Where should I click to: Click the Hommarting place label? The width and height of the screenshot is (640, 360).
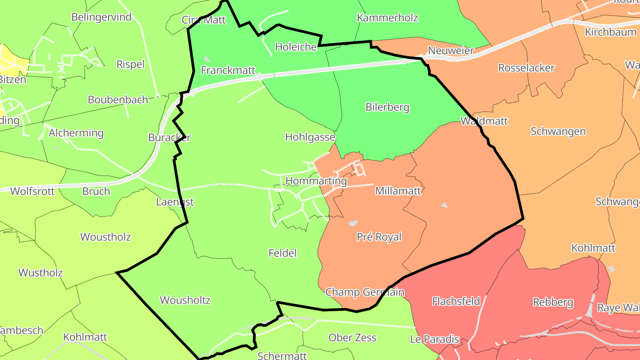point(316,181)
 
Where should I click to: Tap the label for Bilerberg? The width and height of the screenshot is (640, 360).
point(387,107)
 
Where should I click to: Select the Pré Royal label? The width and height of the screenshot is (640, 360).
point(379,237)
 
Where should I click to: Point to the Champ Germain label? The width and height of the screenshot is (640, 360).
point(365,292)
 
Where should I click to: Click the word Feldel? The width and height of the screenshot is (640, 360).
point(282,253)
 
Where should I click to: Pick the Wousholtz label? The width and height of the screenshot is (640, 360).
point(185,300)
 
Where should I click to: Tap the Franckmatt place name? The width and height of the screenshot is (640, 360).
point(228,70)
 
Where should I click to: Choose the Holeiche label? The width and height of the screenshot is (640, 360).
point(296,47)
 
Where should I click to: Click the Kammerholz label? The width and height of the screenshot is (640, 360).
point(388,18)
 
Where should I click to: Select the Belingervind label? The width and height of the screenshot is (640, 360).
point(102,17)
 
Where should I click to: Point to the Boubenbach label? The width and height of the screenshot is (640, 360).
point(118,100)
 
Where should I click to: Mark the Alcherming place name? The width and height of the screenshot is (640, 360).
point(76,133)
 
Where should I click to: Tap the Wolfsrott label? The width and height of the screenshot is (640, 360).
point(32,191)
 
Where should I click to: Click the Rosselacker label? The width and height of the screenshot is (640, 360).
point(526,68)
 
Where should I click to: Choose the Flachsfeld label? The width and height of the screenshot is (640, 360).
point(456,301)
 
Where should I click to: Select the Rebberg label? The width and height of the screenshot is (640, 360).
point(553,302)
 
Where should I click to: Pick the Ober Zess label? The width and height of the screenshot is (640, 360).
point(352,337)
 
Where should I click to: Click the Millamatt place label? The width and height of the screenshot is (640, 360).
point(398,191)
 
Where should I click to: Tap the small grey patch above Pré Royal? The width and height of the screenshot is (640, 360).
point(353,223)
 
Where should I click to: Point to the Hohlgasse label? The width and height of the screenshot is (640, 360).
point(310,137)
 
